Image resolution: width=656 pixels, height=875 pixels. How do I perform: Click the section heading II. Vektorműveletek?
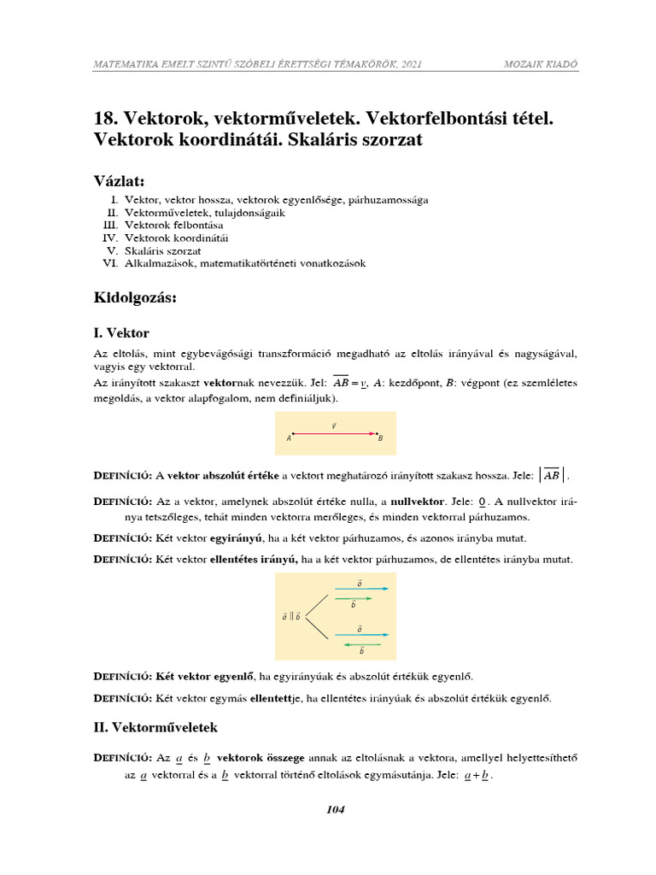[156, 727]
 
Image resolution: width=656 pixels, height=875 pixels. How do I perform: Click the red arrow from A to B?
[334, 433]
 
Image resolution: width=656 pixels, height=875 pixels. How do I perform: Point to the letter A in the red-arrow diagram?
[290, 438]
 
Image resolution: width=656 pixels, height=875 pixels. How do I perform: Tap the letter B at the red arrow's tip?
[380, 438]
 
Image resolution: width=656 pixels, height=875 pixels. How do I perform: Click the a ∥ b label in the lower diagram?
[290, 615]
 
